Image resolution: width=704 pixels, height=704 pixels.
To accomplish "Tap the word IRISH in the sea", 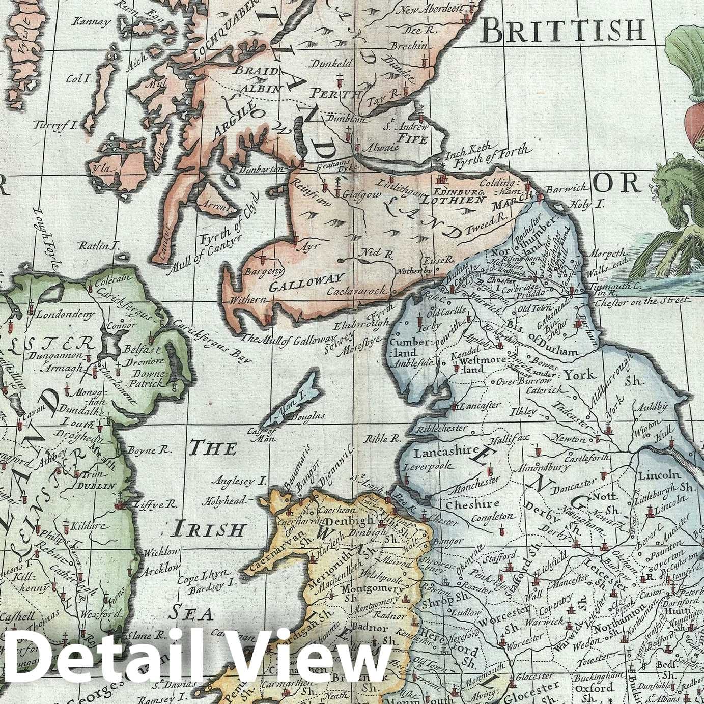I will tap(208, 529).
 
